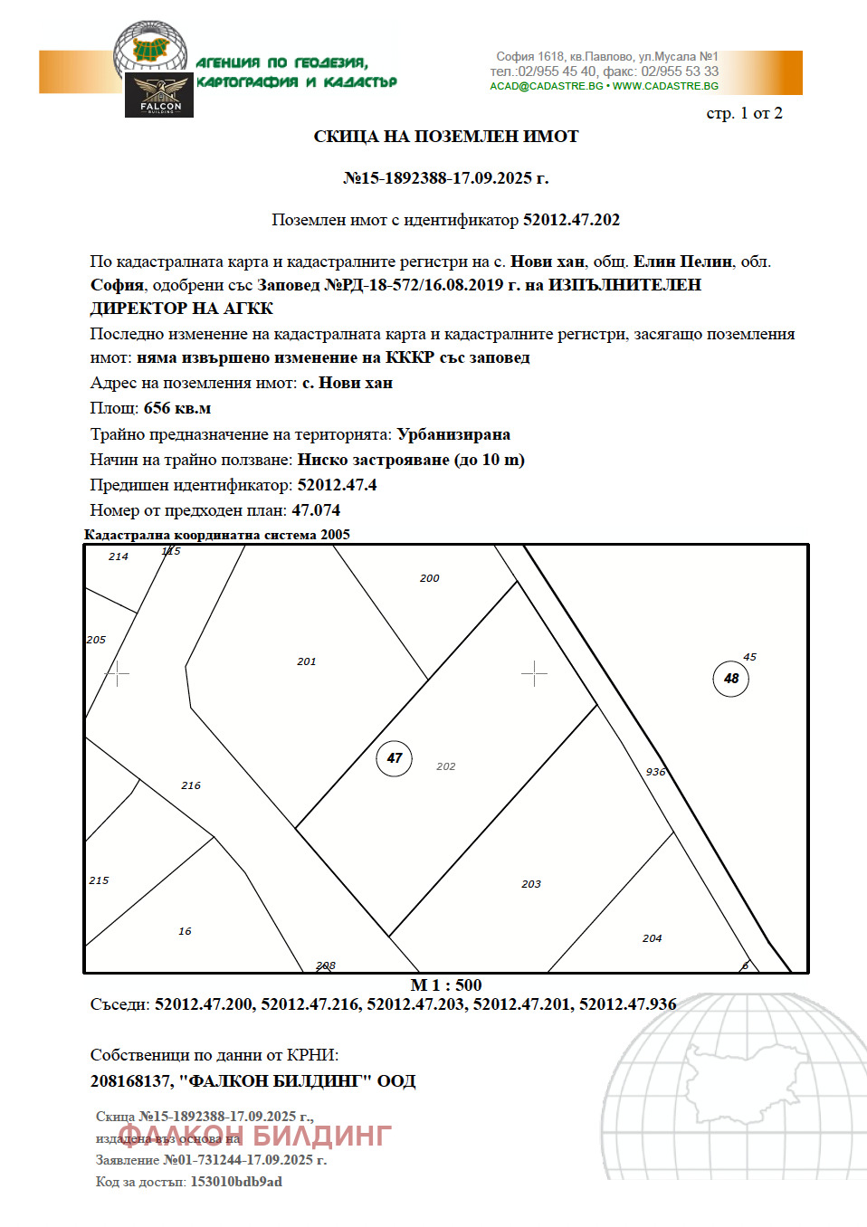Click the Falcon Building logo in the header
(159, 95)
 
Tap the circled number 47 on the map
(394, 758)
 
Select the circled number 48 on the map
(731, 679)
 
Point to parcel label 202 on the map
(446, 766)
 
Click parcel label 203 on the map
(531, 884)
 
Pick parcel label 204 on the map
(653, 938)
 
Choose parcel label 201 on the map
(307, 661)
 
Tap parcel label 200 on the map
(430, 578)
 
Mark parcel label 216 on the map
(191, 785)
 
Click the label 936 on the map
(656, 772)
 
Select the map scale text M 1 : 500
(446, 985)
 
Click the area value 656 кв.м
(177, 408)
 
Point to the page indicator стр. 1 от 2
(744, 113)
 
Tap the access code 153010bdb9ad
(236, 1182)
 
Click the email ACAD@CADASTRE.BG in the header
(547, 86)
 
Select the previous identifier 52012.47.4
(337, 485)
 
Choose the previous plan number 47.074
(316, 510)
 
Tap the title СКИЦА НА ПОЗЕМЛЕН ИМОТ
(446, 137)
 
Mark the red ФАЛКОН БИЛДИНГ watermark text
(255, 1135)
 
